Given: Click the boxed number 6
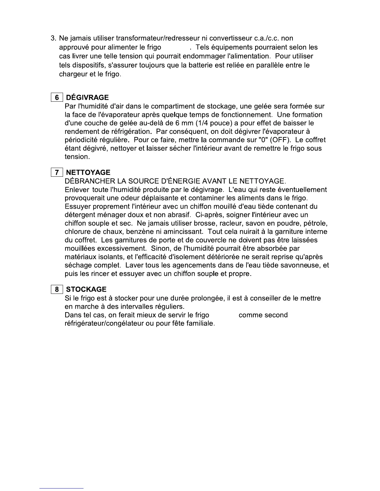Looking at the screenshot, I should (x=57, y=98).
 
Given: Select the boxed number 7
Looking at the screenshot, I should (x=57, y=172).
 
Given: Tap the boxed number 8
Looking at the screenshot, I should (x=57, y=290).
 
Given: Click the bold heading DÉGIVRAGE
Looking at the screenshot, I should (x=88, y=98).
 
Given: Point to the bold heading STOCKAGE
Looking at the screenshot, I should (x=86, y=290).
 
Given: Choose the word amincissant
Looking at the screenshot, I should (x=182, y=232).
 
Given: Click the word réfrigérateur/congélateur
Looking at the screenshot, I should (x=104, y=324).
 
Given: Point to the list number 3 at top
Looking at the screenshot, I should (x=53, y=38).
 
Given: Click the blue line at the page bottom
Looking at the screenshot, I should (x=61, y=488).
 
